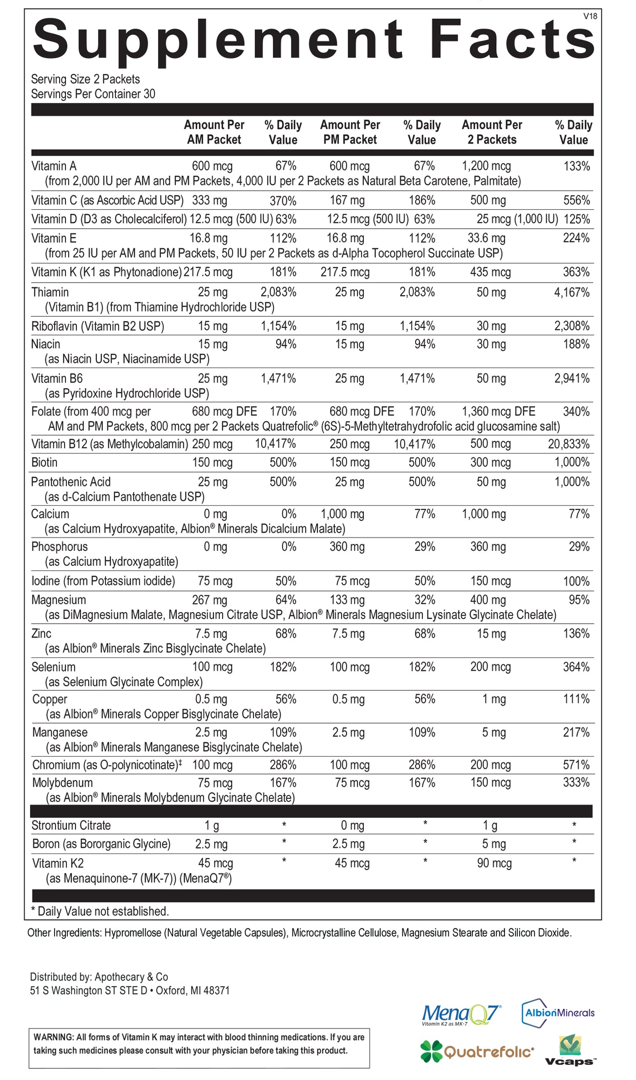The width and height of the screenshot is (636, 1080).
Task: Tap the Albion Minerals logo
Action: click(558, 1013)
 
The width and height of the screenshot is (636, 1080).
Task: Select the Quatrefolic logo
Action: click(477, 1051)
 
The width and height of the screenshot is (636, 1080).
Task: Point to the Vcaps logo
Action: click(570, 1051)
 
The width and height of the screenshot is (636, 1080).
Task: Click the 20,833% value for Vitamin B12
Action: click(569, 444)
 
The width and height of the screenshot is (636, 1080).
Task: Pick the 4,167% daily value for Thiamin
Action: click(571, 292)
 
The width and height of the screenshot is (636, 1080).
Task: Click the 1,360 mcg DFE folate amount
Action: click(499, 411)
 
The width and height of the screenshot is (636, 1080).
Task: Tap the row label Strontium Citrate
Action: click(71, 826)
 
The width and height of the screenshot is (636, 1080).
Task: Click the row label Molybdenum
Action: click(62, 783)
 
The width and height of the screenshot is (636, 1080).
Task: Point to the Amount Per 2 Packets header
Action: click(492, 132)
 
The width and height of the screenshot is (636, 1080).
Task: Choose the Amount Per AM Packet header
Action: click(214, 132)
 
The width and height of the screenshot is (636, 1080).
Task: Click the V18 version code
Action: click(590, 16)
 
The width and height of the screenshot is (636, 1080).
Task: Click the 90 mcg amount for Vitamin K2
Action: click(494, 863)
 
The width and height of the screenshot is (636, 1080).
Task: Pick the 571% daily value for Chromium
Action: click(576, 765)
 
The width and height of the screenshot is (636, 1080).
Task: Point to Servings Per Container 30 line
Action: click(93, 94)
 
